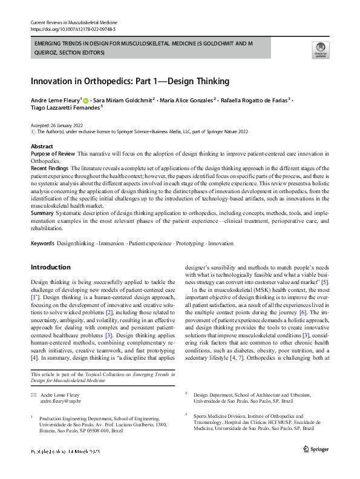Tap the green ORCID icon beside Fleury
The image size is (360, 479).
click(x=86, y=101)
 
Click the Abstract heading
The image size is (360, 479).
click(x=42, y=147)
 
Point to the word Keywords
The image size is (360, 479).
click(x=42, y=243)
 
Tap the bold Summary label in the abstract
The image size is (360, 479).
click(x=42, y=213)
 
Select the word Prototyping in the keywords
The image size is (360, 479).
click(x=189, y=243)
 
